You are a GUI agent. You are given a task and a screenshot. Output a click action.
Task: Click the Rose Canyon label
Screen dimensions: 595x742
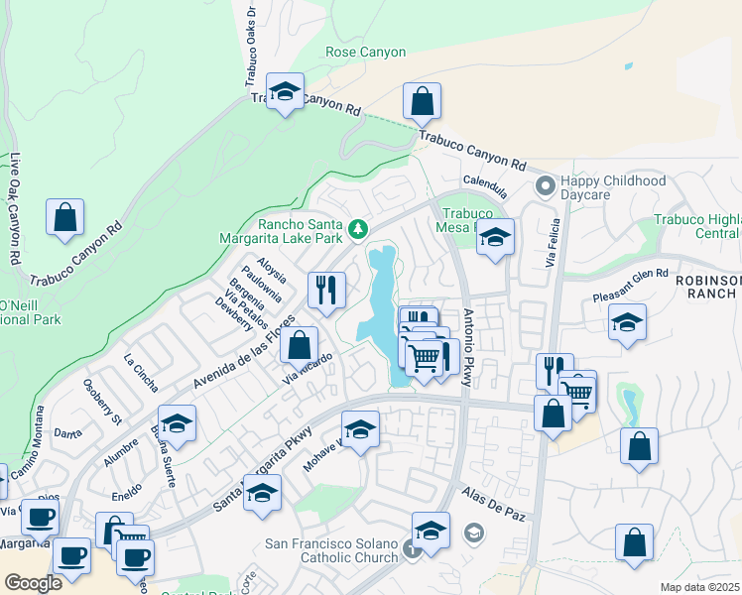coord(365,52)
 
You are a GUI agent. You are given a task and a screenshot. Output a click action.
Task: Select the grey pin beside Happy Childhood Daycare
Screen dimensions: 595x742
coord(545,185)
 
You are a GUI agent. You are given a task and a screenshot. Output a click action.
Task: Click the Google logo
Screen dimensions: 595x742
coord(33,583)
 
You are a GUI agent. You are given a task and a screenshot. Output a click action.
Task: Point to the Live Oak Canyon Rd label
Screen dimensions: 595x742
coord(14,208)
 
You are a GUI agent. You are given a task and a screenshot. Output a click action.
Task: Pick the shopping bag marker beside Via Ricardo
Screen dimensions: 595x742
coord(300,347)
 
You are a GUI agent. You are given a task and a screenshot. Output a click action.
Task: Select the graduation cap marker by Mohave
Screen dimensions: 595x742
coord(360,430)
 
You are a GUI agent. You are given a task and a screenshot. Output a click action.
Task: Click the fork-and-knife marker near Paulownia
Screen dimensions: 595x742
coord(326,291)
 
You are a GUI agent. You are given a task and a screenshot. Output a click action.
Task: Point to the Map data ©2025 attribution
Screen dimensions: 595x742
coord(700,587)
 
